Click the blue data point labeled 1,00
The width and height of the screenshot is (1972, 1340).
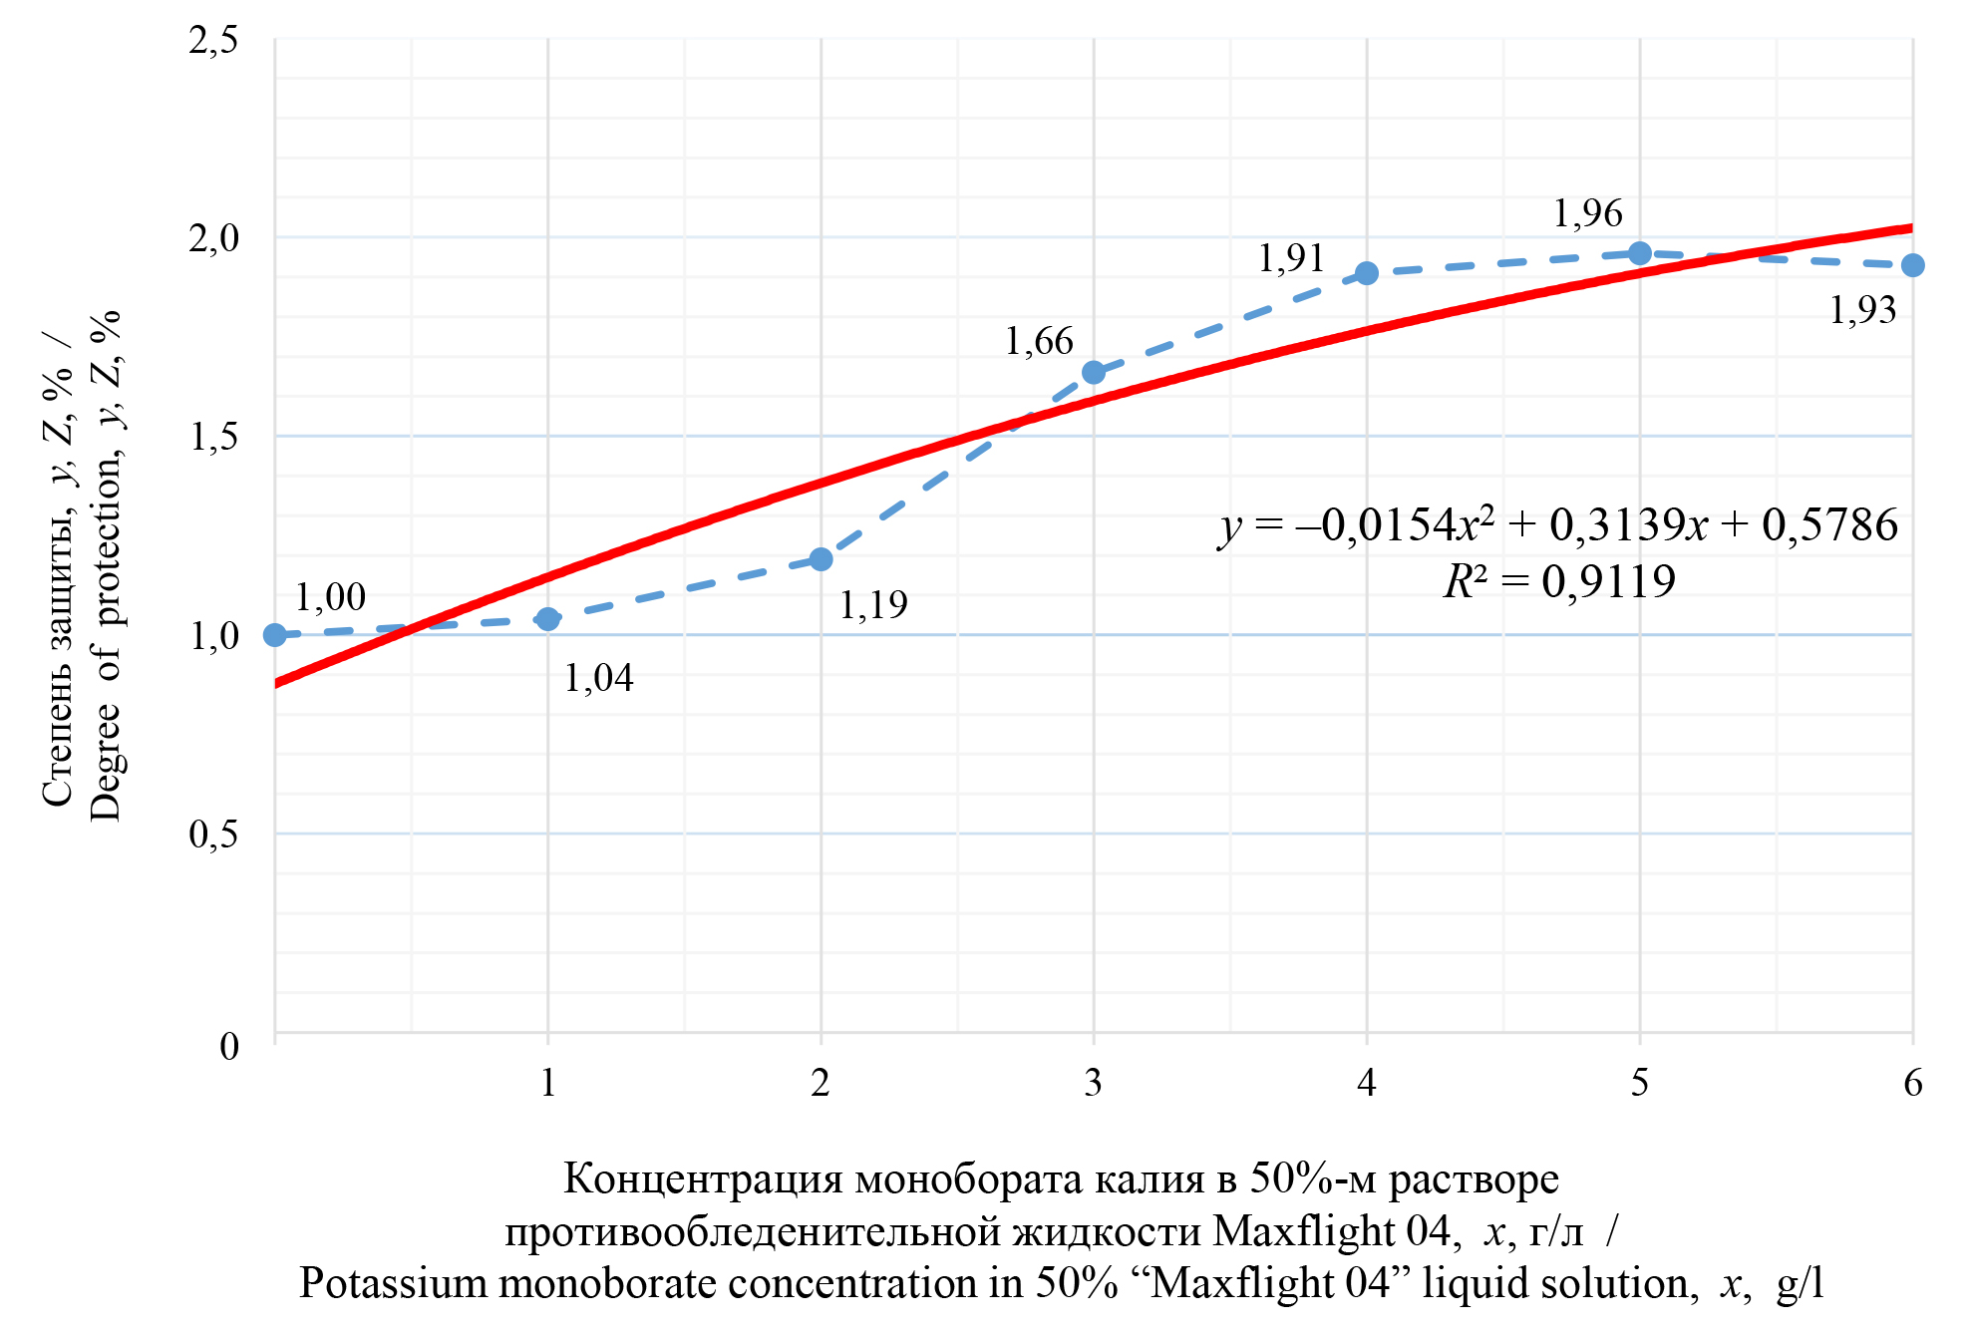click(275, 635)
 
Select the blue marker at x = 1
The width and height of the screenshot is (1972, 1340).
click(547, 619)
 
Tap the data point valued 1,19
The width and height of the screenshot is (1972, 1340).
click(821, 559)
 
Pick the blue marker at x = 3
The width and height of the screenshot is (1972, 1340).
click(1094, 372)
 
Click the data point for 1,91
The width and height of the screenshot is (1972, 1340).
click(1367, 273)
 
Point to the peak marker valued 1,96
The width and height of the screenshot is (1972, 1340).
click(1640, 253)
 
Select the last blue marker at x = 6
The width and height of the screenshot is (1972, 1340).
click(1912, 265)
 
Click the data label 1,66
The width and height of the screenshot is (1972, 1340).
click(1039, 342)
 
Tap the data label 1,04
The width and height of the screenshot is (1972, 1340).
click(598, 679)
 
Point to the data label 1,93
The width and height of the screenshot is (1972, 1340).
click(1862, 311)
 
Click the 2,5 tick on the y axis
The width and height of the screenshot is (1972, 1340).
click(213, 41)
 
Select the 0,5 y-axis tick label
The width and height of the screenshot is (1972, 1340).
click(213, 835)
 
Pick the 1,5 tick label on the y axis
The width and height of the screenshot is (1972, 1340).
click(213, 437)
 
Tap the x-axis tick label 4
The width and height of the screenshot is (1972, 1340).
click(1367, 1083)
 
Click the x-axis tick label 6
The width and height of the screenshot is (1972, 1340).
click(1912, 1083)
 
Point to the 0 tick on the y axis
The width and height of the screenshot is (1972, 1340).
click(229, 1047)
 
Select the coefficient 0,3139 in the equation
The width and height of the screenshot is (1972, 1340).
click(1616, 525)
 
